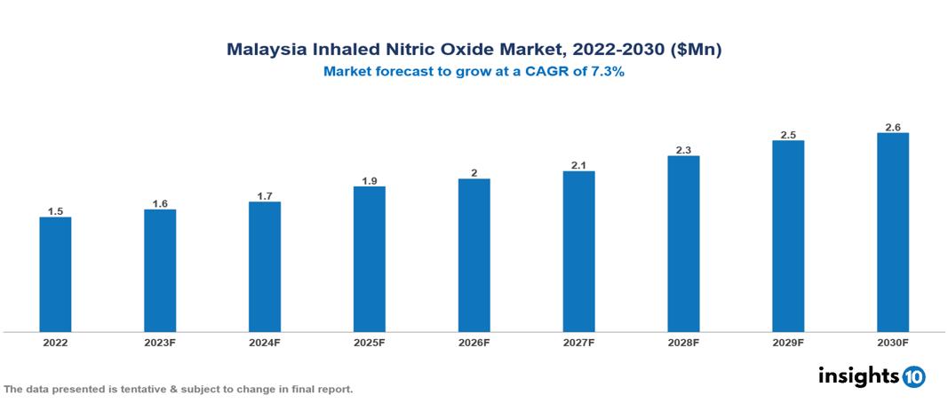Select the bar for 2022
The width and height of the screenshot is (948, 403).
tap(55, 274)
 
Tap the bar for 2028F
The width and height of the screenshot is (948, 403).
tap(683, 244)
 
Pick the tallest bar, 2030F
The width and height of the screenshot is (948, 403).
tap(893, 233)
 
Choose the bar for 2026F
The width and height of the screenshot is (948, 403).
tap(474, 256)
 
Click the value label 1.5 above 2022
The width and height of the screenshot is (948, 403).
tap(55, 211)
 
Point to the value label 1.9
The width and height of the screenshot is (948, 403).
tap(369, 181)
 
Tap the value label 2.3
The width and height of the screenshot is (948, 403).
tap(683, 150)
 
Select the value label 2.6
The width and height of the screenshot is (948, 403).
tap(893, 127)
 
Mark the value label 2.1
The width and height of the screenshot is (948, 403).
tap(578, 165)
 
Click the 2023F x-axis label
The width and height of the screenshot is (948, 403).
tap(160, 343)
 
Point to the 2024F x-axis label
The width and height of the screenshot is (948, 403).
tap(265, 343)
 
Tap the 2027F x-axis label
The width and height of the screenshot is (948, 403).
tap(578, 343)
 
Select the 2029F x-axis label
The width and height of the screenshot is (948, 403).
tap(788, 343)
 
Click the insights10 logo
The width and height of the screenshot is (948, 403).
tap(871, 376)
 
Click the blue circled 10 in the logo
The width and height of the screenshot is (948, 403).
tap(913, 377)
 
